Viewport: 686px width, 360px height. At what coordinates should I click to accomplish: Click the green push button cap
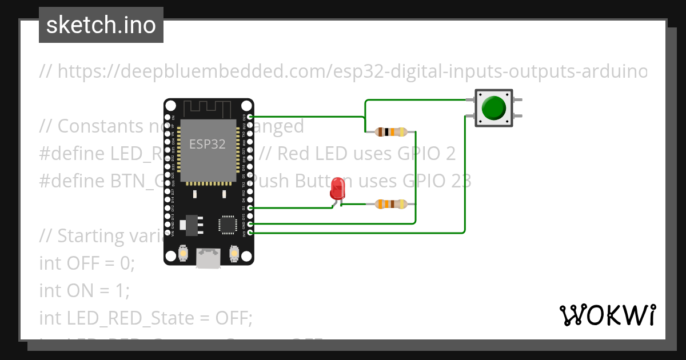coord(494,108)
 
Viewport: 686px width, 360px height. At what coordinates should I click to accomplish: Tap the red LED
coord(337,188)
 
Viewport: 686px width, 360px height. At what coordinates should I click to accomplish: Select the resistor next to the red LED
coord(391,203)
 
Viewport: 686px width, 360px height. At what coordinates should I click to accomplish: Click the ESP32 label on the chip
coord(208,145)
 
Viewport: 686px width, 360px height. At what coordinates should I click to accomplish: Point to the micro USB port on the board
coord(208,258)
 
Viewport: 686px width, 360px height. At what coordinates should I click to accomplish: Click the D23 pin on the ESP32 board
coord(250,117)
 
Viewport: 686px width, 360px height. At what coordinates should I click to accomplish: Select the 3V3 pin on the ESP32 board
coord(250,233)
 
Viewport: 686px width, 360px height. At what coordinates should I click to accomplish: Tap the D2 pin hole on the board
coord(250,208)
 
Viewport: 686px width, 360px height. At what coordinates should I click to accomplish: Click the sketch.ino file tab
coord(101,25)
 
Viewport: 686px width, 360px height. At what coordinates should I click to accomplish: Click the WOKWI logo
coord(607,315)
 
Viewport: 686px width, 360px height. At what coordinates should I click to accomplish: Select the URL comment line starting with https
coord(343,71)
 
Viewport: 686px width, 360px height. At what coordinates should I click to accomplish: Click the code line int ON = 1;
coord(85,291)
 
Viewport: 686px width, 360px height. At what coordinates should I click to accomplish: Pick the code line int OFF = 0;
coord(87,263)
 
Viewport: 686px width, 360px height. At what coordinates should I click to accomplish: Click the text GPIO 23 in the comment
coord(437,181)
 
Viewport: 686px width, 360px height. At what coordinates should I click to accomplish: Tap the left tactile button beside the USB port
coord(184,252)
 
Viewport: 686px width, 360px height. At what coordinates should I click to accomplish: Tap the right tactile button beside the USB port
coord(233,252)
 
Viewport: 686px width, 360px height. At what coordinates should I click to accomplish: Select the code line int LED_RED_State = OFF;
coord(146,318)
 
